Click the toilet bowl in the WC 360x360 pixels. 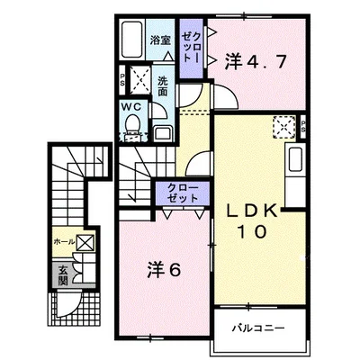132,127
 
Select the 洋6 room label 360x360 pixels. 159,266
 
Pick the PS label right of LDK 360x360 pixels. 302,126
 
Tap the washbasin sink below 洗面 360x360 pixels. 162,131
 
